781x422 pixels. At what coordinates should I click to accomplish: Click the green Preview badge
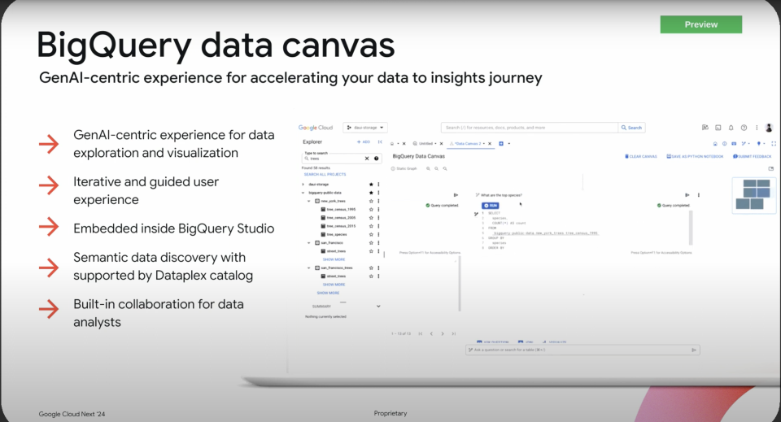700,24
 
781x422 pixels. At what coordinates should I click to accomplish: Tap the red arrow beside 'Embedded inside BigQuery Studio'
48,228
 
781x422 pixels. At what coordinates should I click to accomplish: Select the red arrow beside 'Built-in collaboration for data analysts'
48,309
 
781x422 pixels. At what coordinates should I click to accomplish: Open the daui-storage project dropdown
365,128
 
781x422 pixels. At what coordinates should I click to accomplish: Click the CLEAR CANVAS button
641,156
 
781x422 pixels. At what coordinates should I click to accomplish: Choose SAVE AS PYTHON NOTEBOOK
696,156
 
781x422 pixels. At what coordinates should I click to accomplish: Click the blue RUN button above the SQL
490,206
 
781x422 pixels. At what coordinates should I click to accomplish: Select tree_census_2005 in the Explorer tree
341,218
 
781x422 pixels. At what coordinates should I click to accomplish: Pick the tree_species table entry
337,234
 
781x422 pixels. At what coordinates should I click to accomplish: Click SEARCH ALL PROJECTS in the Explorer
325,174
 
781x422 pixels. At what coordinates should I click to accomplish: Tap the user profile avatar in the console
769,128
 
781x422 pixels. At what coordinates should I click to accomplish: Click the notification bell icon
731,128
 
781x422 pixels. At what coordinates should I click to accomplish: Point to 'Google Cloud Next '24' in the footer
72,414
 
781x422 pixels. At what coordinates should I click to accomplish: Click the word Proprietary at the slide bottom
390,414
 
